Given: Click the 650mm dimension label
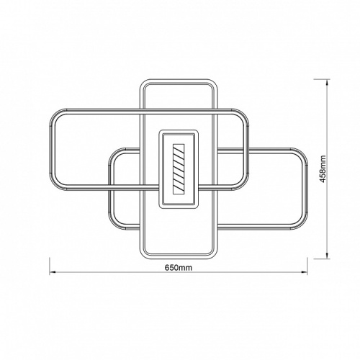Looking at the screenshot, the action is tap(179, 267).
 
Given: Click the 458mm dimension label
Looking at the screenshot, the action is tap(323, 169).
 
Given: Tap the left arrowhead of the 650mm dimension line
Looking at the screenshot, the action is tap(53, 272).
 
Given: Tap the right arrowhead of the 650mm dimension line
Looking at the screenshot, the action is tap(305, 272).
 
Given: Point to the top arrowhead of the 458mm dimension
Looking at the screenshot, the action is tap(327, 82).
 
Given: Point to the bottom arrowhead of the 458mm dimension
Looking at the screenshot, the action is tap(327, 256).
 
